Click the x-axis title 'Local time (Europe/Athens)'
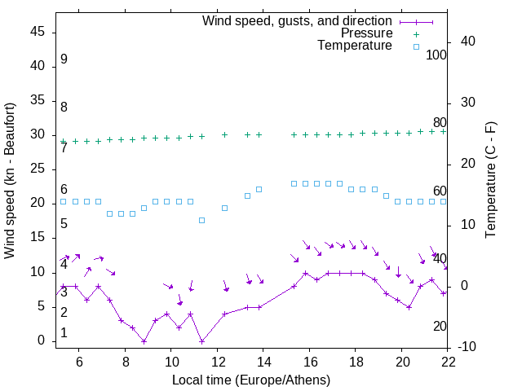pyautogui.click(x=252, y=380)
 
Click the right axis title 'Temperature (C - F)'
pyautogui.click(x=490, y=181)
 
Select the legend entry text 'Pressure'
pyautogui.click(x=366, y=33)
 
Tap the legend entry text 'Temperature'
pyautogui.click(x=355, y=46)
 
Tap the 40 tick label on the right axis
pyautogui.click(x=467, y=42)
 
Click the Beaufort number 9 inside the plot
pyautogui.click(x=64, y=59)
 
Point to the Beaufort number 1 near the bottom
pyautogui.click(x=64, y=333)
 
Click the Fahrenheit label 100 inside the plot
pyautogui.click(x=436, y=55)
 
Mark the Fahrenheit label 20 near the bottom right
pyautogui.click(x=440, y=326)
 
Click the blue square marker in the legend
pyautogui.click(x=416, y=46)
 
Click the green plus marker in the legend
pyautogui.click(x=416, y=34)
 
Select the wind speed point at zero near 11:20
pyautogui.click(x=201, y=340)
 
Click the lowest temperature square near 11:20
pyautogui.click(x=201, y=220)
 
